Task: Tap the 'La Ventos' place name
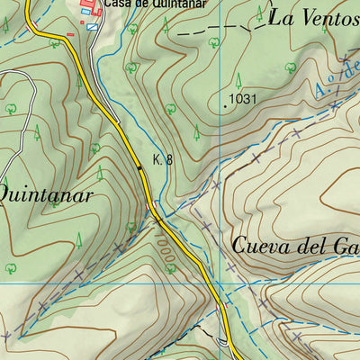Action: click(306, 17)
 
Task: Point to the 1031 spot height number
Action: click(246, 98)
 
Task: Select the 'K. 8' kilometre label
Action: click(163, 159)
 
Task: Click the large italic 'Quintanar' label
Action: click(45, 194)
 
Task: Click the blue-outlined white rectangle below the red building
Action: click(93, 27)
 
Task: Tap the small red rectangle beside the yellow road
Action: click(70, 35)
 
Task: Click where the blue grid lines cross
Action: click(220, 283)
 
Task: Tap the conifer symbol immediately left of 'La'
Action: click(260, 13)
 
